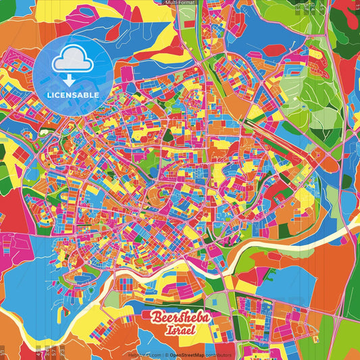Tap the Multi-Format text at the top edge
[x=180, y=3]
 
